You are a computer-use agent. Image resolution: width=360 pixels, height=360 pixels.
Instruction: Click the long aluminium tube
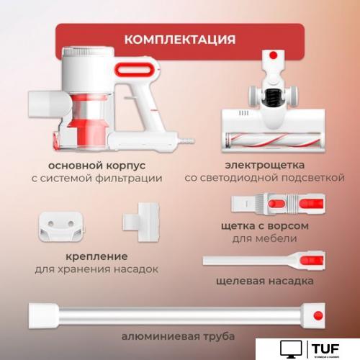tap(173, 315)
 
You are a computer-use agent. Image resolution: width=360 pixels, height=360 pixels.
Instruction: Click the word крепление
tap(95, 256)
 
